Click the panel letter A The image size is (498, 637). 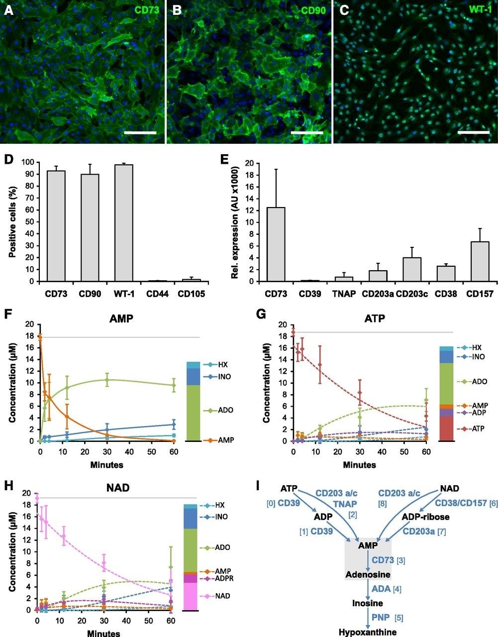tap(7, 10)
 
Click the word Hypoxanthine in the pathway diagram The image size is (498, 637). tap(368, 632)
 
